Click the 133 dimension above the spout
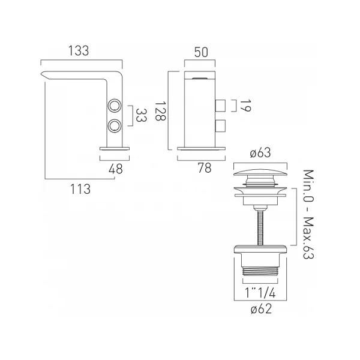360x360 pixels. point(79,51)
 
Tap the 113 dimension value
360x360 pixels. point(80,189)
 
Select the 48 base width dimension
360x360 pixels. point(116,169)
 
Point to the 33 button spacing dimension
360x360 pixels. point(141,115)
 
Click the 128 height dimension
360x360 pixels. point(160,111)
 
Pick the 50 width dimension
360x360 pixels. point(201,52)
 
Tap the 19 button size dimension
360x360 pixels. point(245,106)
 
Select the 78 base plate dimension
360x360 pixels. point(205,168)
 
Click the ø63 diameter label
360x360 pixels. point(260,152)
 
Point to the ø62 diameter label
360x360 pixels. point(261,309)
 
